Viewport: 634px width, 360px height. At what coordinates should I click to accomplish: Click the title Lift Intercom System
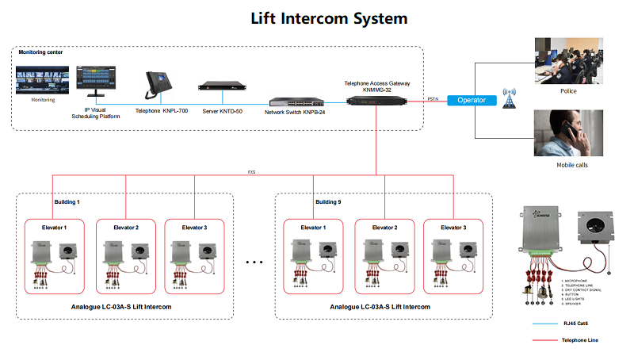coord(329,17)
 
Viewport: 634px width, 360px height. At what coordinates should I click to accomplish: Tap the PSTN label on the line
coord(433,98)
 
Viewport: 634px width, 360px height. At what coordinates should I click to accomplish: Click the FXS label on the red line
coord(251,171)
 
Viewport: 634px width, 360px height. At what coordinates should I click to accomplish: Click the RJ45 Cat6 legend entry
coord(587,324)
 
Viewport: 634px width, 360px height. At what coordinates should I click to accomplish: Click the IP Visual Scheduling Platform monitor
coord(96,83)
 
